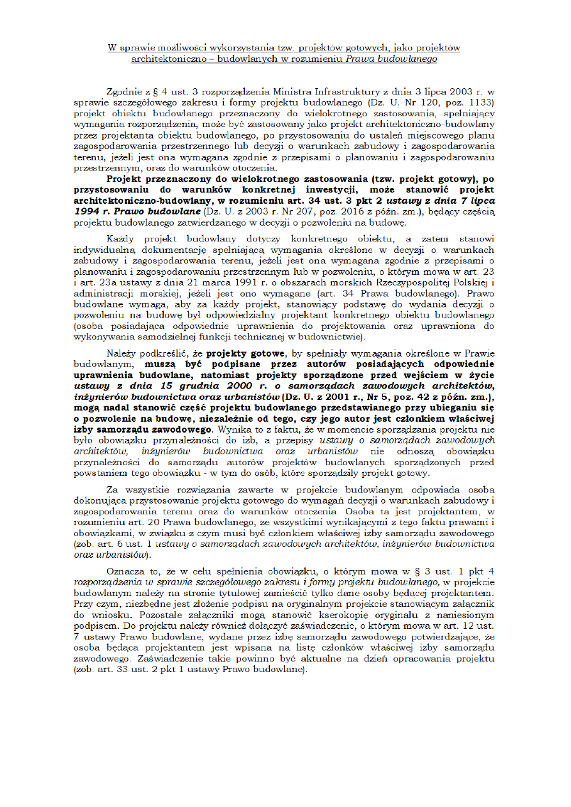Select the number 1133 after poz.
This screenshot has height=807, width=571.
(476, 102)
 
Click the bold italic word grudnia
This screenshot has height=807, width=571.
(180, 386)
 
